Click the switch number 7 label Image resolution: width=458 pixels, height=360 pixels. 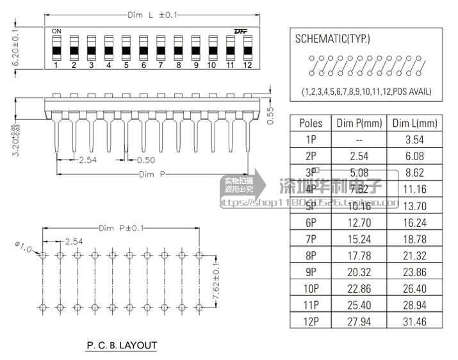point(161,65)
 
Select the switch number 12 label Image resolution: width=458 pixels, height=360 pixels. point(247,65)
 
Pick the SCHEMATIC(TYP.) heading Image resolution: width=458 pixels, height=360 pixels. point(332,39)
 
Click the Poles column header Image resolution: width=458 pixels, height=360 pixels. point(311,123)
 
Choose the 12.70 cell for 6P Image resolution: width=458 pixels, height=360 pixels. point(359,222)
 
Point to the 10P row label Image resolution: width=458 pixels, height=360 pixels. point(311,289)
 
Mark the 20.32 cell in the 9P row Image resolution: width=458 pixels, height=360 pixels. point(359,272)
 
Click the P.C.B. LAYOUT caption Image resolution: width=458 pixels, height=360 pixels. point(122,345)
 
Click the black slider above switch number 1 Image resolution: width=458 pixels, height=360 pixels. point(56,50)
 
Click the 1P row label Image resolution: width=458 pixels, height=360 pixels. point(311,139)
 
